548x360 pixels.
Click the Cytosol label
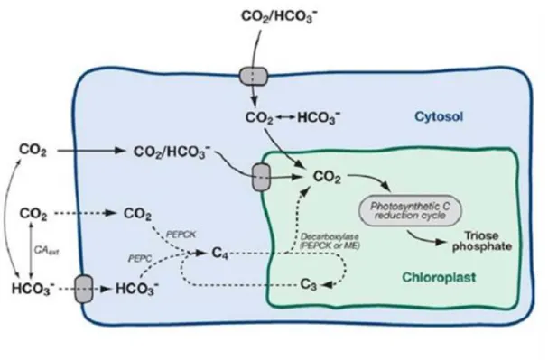click(x=439, y=116)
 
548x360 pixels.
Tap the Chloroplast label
click(x=439, y=277)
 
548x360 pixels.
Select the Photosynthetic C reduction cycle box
click(x=410, y=210)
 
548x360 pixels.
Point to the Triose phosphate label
click(x=482, y=241)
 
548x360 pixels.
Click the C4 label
click(x=219, y=253)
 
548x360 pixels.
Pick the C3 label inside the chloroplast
click(x=309, y=284)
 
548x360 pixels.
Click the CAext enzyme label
click(x=46, y=250)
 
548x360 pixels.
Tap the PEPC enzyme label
click(x=140, y=259)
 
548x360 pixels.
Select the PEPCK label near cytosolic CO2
click(x=181, y=234)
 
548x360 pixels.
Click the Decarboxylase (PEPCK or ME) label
click(x=330, y=241)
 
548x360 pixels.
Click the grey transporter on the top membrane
click(x=254, y=77)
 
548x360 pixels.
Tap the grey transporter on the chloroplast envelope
click(x=261, y=178)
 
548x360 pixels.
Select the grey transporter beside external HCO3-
click(x=84, y=289)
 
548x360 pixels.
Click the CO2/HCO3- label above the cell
click(x=279, y=16)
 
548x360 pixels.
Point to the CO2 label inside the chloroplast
click(x=327, y=177)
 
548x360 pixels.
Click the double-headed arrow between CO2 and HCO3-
click(x=285, y=117)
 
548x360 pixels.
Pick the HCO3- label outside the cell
click(x=33, y=289)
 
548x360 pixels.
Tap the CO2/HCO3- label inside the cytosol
click(x=172, y=152)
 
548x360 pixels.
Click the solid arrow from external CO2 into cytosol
click(x=91, y=151)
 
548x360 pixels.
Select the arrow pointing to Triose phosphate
click(x=426, y=238)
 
